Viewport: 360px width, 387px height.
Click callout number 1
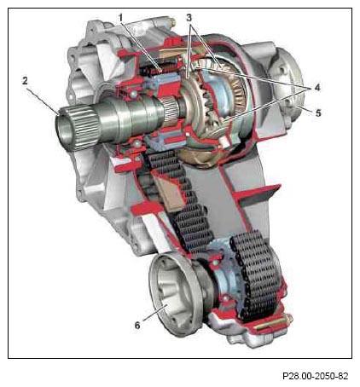pyautogui.click(x=121, y=18)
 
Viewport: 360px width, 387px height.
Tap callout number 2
pyautogui.click(x=25, y=81)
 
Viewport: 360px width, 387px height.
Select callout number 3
pyautogui.click(x=189, y=18)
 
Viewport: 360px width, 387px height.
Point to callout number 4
pyautogui.click(x=317, y=87)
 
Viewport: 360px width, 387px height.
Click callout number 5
pyautogui.click(x=318, y=113)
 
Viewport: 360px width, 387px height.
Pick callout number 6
pyautogui.click(x=137, y=326)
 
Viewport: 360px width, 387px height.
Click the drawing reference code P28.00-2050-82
pyautogui.click(x=315, y=376)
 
